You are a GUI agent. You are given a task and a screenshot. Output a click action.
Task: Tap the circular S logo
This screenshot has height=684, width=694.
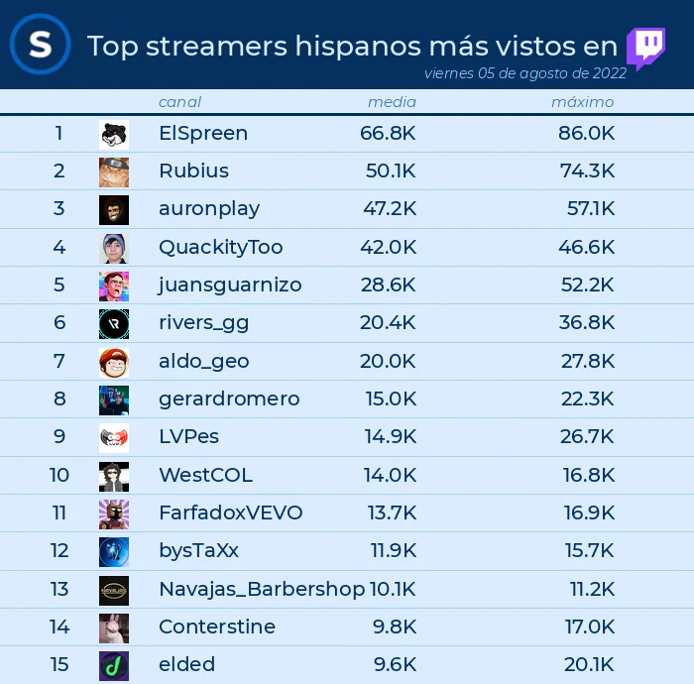[41, 45]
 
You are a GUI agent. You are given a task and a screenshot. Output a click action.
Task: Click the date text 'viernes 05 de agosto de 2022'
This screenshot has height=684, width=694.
[524, 73]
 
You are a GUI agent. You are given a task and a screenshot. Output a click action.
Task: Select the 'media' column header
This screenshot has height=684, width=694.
[393, 102]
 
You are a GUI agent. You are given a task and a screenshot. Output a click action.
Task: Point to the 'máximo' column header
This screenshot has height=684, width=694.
[583, 102]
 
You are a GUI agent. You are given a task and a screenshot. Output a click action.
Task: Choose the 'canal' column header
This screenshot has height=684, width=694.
[179, 102]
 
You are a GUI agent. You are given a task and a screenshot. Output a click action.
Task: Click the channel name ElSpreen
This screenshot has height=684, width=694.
[203, 133]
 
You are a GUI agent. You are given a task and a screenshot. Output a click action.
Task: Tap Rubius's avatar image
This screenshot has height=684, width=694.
[114, 172]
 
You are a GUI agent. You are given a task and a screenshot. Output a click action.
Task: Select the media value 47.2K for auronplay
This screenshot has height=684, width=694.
[390, 208]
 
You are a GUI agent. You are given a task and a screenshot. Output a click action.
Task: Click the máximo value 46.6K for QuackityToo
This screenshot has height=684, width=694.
[587, 247]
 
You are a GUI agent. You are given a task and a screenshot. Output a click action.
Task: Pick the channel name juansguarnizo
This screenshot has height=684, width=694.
[230, 285]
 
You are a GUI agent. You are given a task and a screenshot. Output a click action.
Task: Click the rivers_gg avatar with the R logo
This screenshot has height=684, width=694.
[114, 324]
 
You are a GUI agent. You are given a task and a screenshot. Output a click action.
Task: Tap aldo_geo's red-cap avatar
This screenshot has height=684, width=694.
[114, 363]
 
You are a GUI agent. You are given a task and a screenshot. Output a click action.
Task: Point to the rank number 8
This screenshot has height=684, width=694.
[59, 399]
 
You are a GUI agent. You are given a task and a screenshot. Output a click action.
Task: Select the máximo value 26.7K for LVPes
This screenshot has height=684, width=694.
[587, 437]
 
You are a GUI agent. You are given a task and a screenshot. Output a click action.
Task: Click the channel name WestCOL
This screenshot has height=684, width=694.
[206, 475]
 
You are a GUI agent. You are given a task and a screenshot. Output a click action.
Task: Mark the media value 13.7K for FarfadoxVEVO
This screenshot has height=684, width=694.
[393, 513]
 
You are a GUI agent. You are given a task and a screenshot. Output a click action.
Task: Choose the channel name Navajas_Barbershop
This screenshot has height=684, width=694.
[262, 589]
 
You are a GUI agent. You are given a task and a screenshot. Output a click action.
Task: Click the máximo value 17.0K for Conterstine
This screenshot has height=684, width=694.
[590, 627]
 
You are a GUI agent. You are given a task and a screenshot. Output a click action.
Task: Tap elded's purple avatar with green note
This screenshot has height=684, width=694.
[114, 666]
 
